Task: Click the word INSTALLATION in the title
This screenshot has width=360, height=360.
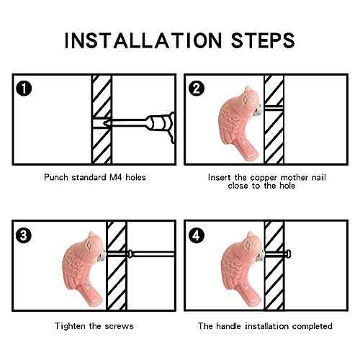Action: coord(143,40)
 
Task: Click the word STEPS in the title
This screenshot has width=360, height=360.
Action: coord(263,40)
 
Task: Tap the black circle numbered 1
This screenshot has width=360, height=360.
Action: coord(24,89)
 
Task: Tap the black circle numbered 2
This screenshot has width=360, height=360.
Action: coord(197,89)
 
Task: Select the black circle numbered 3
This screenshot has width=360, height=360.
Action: coord(24,235)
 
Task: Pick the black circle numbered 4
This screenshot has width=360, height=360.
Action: coord(197,235)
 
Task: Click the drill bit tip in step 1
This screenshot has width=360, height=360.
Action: coord(104,123)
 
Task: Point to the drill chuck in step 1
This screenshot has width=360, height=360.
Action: coord(160,123)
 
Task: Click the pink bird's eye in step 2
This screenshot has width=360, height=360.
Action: coord(246,99)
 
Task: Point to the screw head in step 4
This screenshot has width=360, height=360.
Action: coord(289,253)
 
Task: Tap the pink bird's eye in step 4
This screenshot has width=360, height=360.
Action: coord(248,245)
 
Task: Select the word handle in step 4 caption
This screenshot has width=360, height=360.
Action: coord(228,326)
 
